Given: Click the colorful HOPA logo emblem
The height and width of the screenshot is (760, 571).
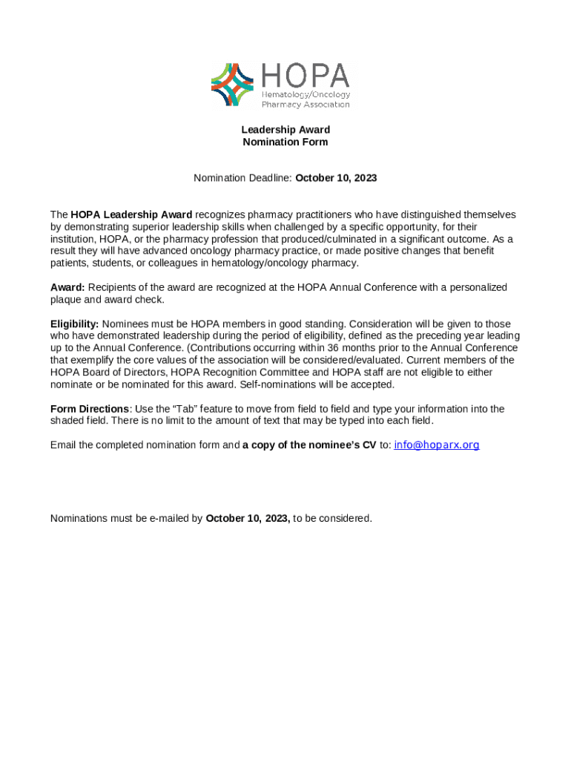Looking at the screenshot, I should (x=233, y=85).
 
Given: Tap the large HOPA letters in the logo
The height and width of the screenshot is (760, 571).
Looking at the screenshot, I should (x=305, y=76).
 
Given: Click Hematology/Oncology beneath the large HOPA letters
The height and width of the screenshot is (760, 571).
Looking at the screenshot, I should (x=306, y=95).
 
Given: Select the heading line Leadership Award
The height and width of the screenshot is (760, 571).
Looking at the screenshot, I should (x=285, y=130).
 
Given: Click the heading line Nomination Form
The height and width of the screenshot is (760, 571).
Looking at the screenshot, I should (x=285, y=142).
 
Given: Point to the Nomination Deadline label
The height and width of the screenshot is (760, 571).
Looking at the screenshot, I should (x=242, y=178).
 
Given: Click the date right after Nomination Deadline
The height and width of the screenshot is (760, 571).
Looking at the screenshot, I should (x=336, y=178).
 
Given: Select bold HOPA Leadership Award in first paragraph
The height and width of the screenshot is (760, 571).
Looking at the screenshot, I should (x=131, y=214).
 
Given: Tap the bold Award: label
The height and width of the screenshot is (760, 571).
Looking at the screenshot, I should (x=67, y=287).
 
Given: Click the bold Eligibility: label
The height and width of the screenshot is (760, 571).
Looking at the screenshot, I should (x=74, y=324).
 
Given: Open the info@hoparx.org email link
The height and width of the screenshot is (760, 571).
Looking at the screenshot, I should (x=436, y=445).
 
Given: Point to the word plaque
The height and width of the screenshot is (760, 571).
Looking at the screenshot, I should (x=66, y=299).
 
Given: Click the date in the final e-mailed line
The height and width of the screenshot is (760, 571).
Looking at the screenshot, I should (x=247, y=518).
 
